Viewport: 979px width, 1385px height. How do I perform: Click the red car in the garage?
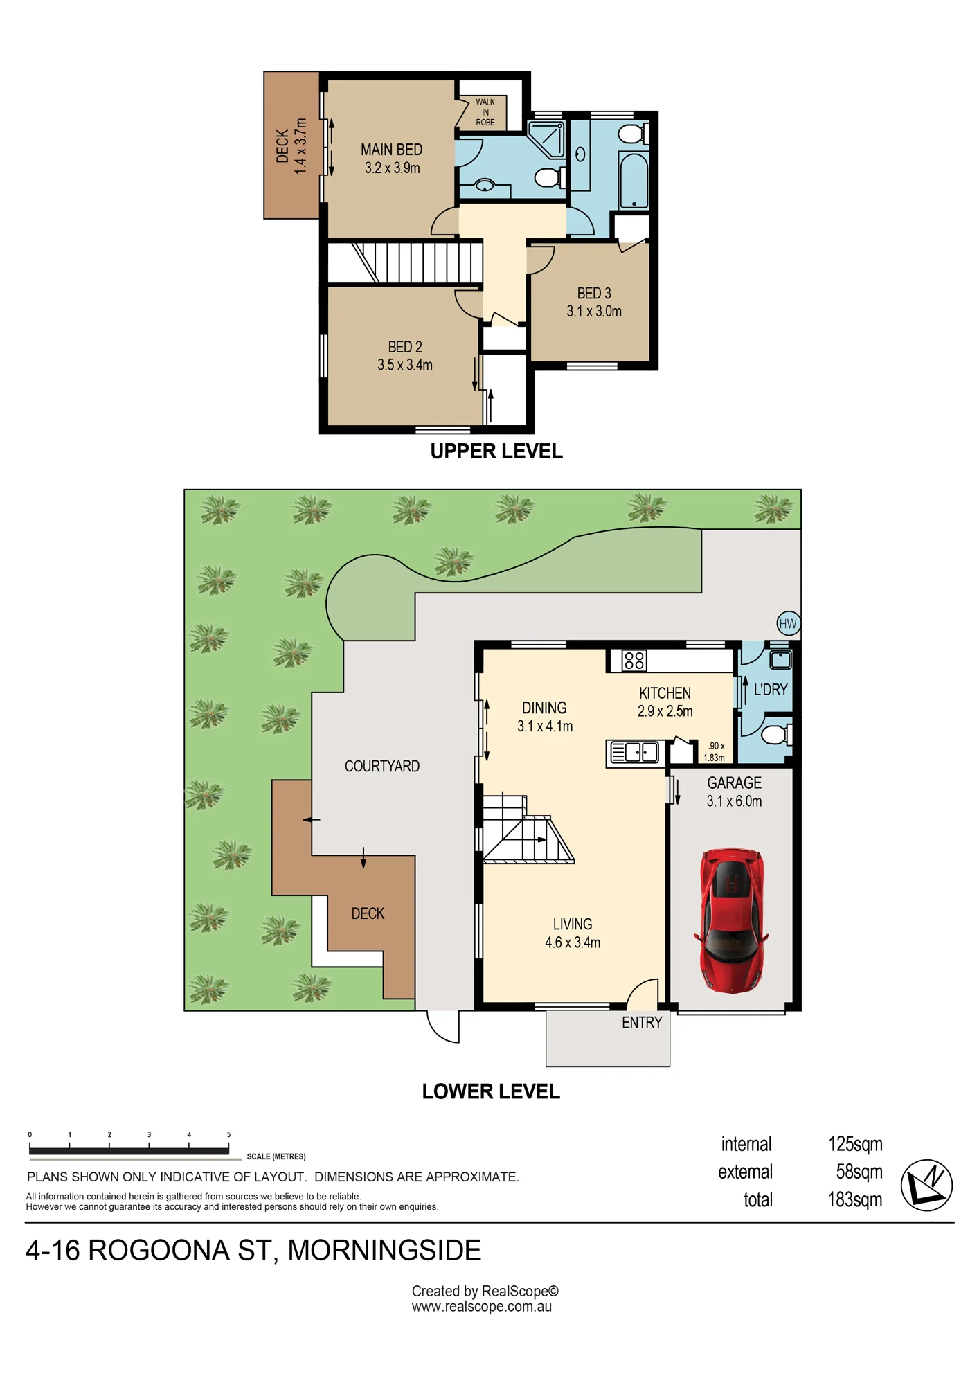click(x=731, y=920)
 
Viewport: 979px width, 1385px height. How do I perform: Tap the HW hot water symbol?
click(x=788, y=623)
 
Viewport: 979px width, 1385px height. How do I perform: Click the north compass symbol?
click(x=926, y=1185)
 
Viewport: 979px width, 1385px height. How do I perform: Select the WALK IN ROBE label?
click(x=485, y=112)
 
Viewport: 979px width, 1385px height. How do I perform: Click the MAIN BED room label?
click(x=391, y=150)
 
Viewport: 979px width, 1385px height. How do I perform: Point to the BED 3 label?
click(x=594, y=293)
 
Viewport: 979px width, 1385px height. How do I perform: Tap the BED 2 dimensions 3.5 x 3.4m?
click(x=405, y=365)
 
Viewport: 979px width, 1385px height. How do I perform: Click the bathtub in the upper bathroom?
click(x=633, y=181)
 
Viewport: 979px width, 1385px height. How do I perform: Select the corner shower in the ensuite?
click(x=546, y=138)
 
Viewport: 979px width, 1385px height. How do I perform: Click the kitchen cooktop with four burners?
click(x=634, y=661)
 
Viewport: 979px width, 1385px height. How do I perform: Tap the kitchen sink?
click(x=634, y=752)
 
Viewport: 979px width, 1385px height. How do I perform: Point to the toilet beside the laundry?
click(x=777, y=733)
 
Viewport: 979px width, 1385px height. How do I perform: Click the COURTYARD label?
click(x=382, y=766)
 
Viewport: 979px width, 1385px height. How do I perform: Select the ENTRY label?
click(x=642, y=1022)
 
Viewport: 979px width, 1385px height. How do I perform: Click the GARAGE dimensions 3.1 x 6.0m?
click(x=734, y=801)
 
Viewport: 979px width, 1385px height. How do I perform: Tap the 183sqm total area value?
click(x=855, y=1199)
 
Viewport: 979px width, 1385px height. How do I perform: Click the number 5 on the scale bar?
click(x=228, y=1135)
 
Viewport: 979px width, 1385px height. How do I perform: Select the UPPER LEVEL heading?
click(x=496, y=452)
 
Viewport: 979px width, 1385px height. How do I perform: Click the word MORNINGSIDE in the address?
click(x=384, y=1251)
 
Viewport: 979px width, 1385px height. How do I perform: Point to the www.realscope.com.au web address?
click(x=482, y=1307)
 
